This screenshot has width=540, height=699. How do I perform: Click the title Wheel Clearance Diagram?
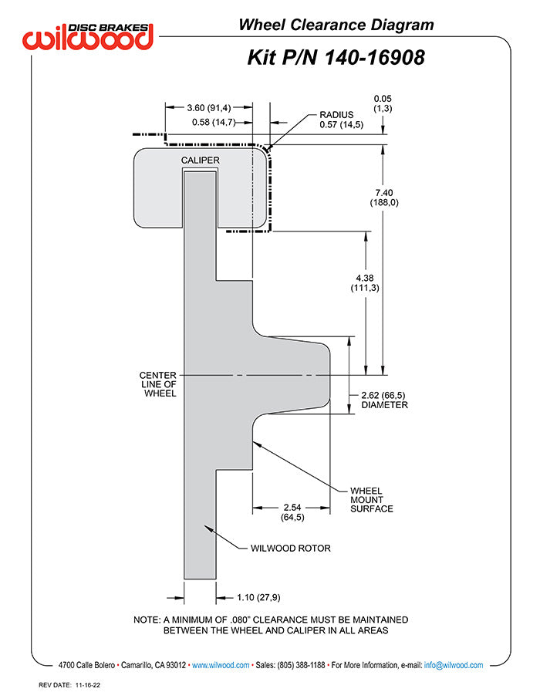(336, 25)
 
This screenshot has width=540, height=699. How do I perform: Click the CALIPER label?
(201, 160)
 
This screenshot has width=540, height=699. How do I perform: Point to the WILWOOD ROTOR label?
(290, 549)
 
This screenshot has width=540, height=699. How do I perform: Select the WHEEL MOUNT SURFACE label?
(371, 499)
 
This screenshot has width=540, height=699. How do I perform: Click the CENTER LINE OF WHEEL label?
(158, 383)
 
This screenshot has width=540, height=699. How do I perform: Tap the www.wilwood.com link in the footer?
(220, 665)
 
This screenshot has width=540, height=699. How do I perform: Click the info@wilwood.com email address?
(454, 665)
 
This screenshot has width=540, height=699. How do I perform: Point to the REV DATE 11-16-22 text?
(70, 685)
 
